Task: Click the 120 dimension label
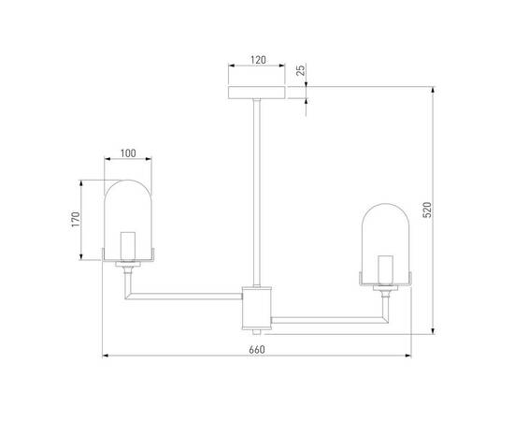257,59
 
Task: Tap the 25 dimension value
300,72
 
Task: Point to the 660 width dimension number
257,349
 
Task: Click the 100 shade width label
128,152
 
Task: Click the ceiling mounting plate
257,93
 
